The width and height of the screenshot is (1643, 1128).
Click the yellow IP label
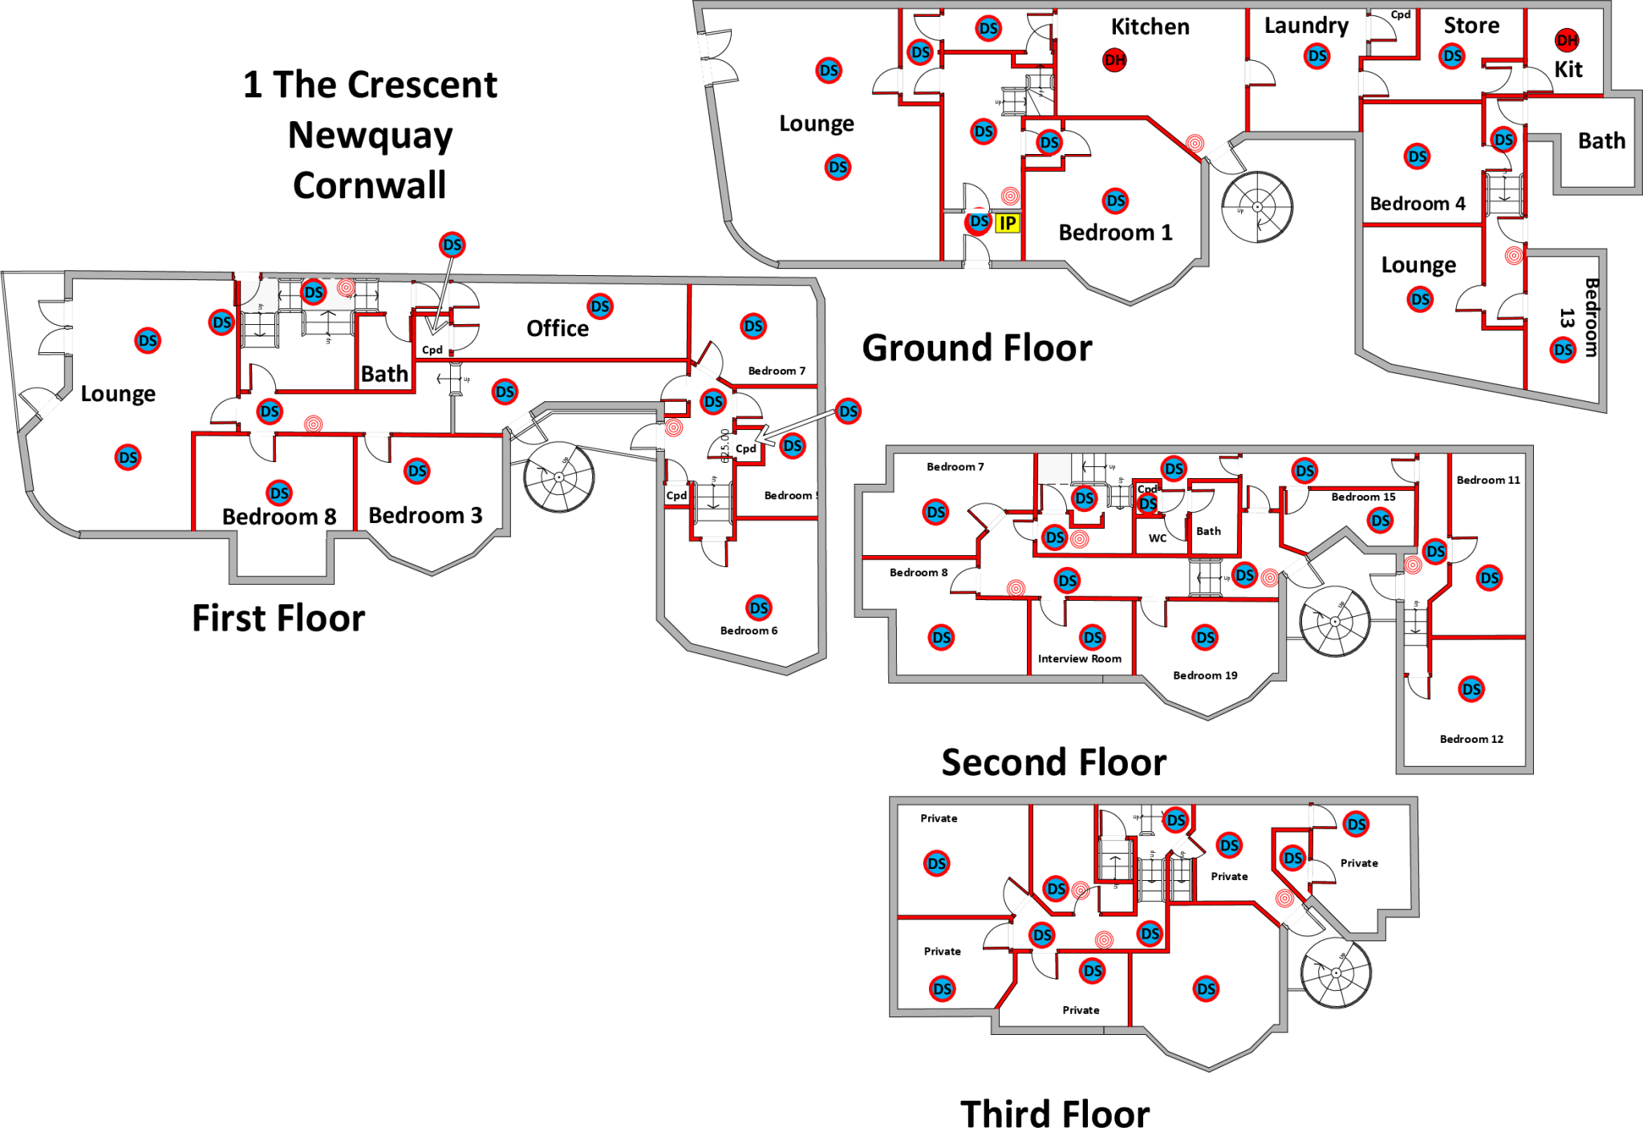(1008, 223)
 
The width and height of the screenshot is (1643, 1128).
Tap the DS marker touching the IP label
(979, 221)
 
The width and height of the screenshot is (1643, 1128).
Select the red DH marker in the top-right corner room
(1567, 40)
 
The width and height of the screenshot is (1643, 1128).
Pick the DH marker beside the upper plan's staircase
(1114, 59)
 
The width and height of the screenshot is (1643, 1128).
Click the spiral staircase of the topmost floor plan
(1258, 206)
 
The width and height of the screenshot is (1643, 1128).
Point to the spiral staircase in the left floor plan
(559, 477)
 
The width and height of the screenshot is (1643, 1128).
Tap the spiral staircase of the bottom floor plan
(1336, 973)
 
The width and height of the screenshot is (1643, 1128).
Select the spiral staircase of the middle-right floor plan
(1335, 622)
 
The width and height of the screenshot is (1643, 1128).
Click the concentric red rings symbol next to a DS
(346, 287)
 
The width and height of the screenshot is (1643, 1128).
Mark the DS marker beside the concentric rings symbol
(314, 292)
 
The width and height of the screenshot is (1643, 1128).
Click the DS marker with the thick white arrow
(848, 412)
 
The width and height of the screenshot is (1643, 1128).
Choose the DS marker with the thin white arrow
(452, 245)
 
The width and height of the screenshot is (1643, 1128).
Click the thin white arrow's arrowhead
(433, 331)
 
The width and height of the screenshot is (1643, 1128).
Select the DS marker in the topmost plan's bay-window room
(1115, 201)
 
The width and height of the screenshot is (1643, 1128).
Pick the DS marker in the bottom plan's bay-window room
(1206, 989)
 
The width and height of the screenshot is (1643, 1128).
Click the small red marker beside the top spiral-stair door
(1195, 143)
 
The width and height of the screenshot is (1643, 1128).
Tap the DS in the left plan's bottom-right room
(759, 608)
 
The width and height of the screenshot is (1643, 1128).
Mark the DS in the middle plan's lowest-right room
(1471, 689)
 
